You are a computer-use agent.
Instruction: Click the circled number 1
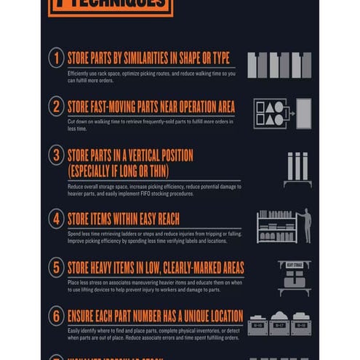click(x=57, y=57)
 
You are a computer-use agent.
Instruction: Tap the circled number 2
click(x=57, y=106)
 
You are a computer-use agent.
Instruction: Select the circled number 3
click(x=57, y=155)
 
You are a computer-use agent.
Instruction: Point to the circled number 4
click(x=57, y=218)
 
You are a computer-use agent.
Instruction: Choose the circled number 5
click(x=57, y=267)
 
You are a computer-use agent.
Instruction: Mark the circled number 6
click(x=57, y=316)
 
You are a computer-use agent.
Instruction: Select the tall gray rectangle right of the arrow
click(x=303, y=113)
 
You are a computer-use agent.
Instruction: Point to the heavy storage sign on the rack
click(x=294, y=265)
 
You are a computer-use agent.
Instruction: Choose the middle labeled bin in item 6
click(x=279, y=324)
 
